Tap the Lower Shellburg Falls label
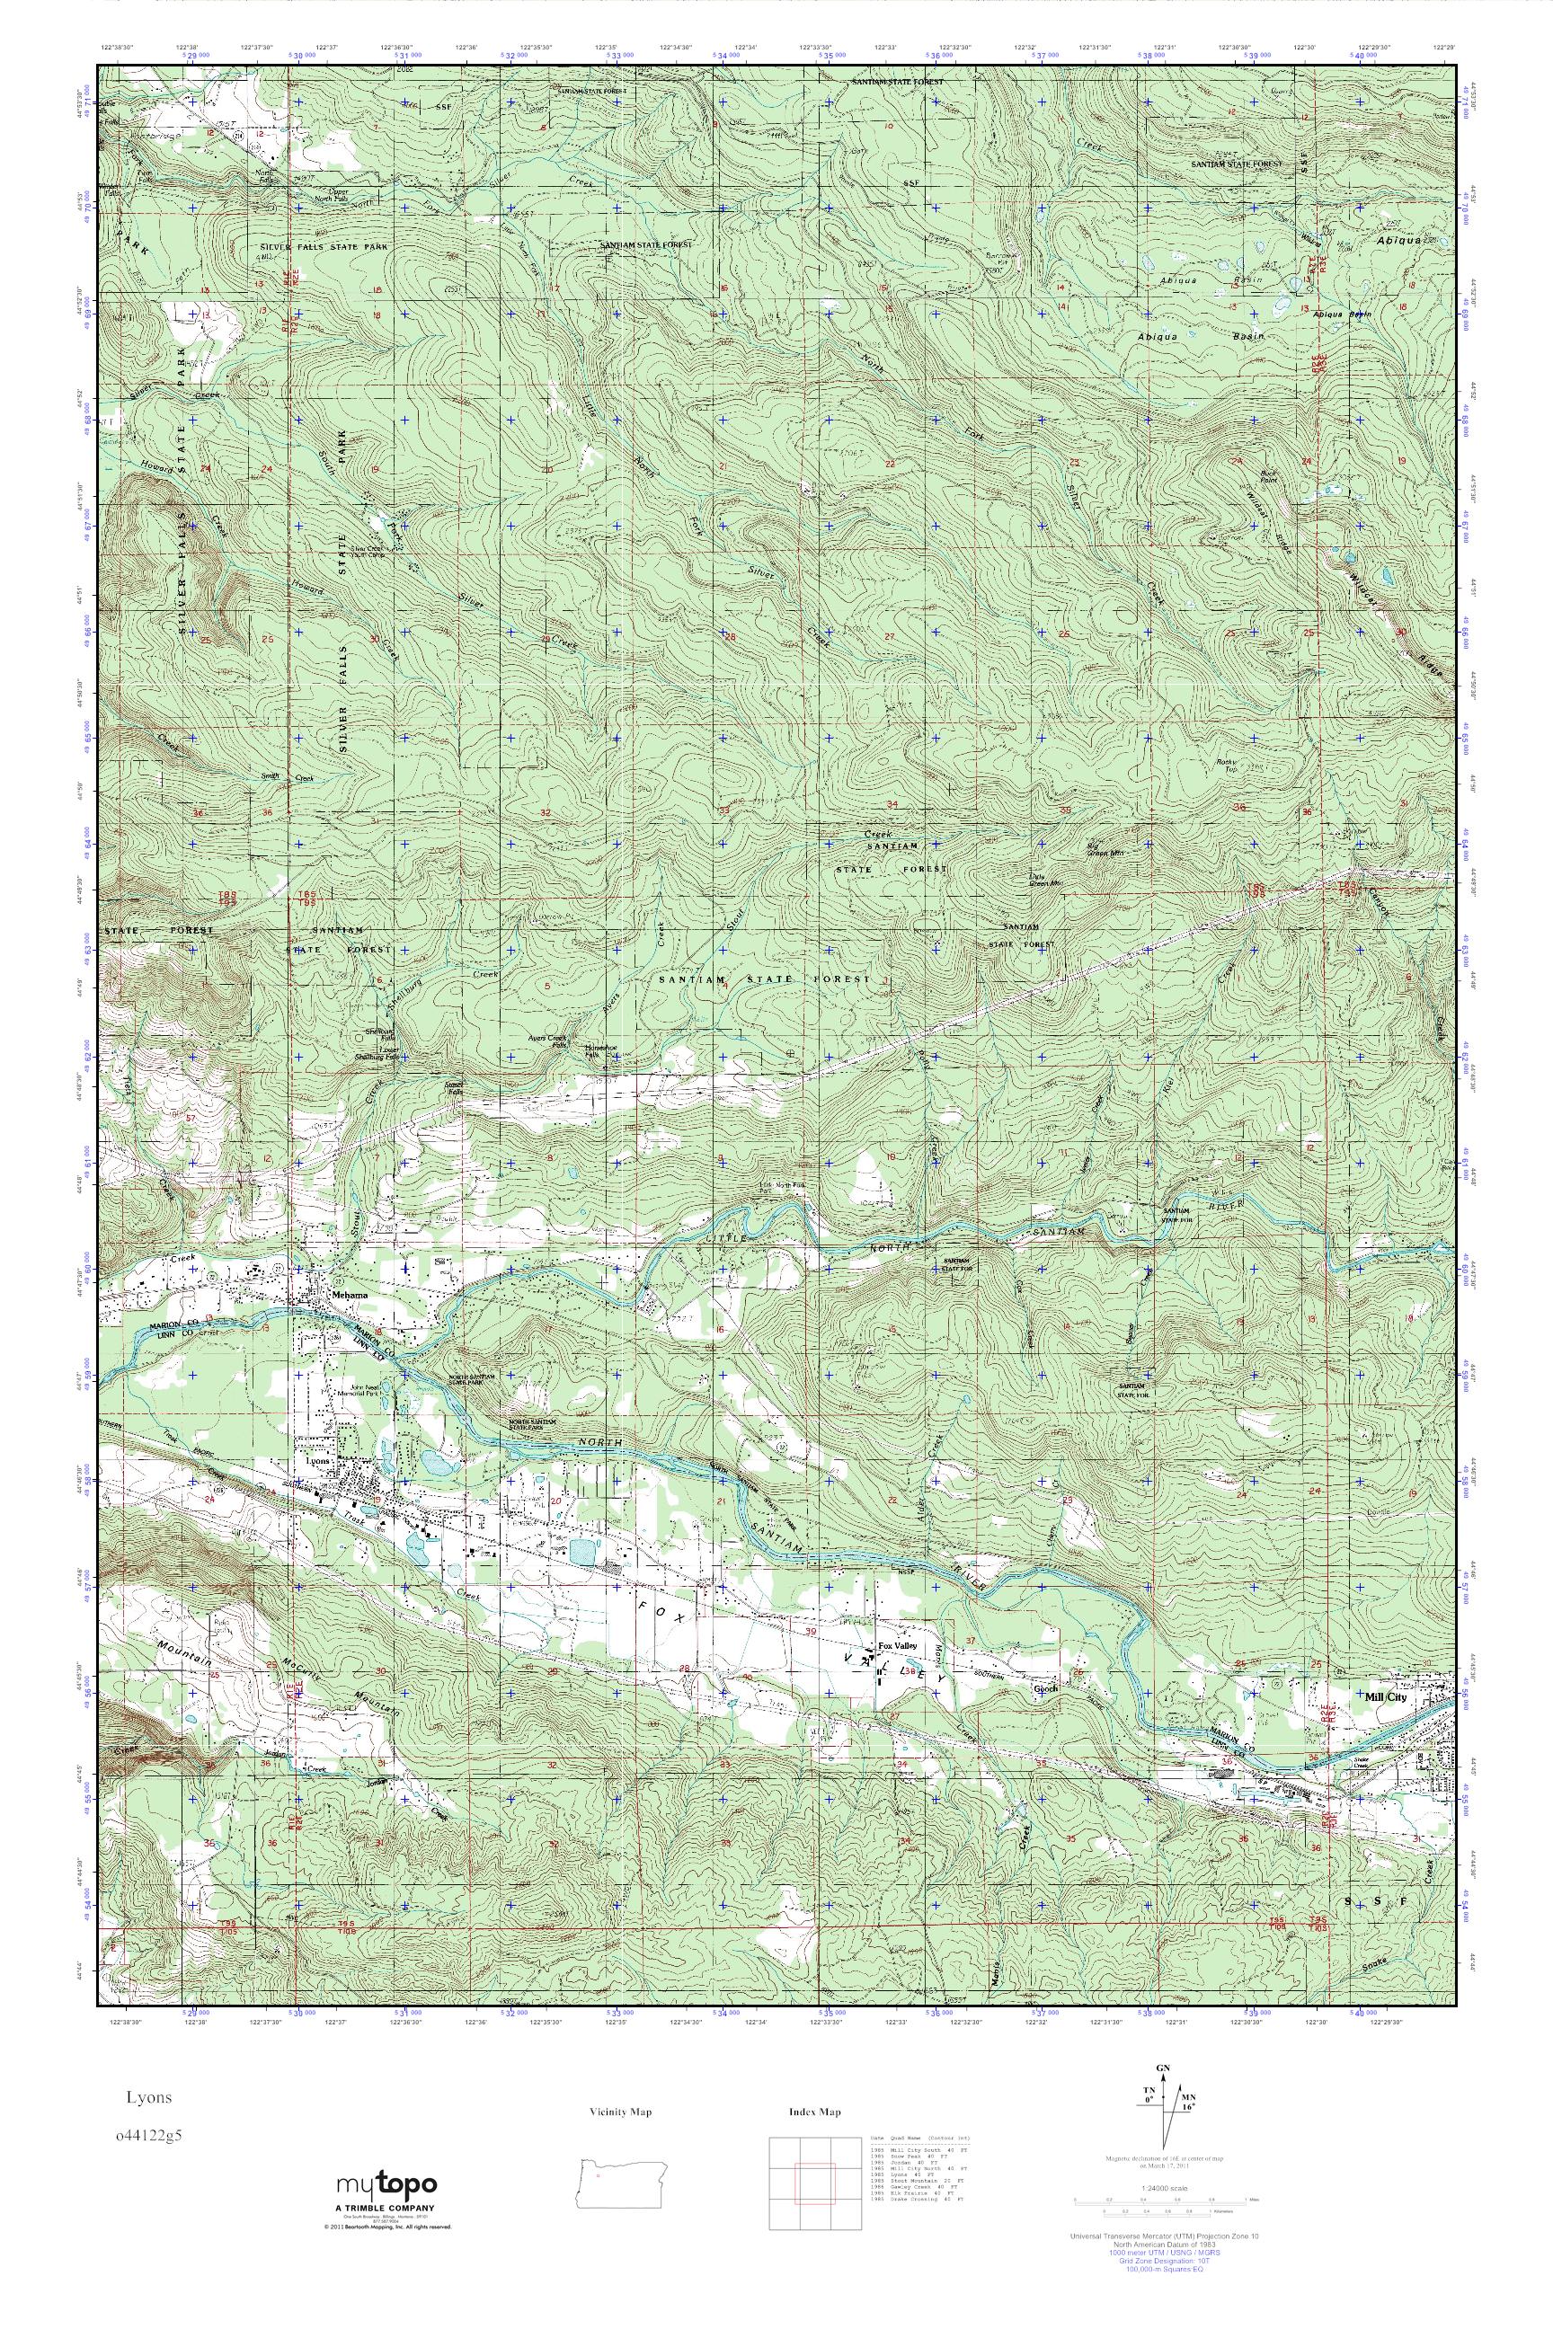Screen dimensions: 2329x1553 click(377, 1058)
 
